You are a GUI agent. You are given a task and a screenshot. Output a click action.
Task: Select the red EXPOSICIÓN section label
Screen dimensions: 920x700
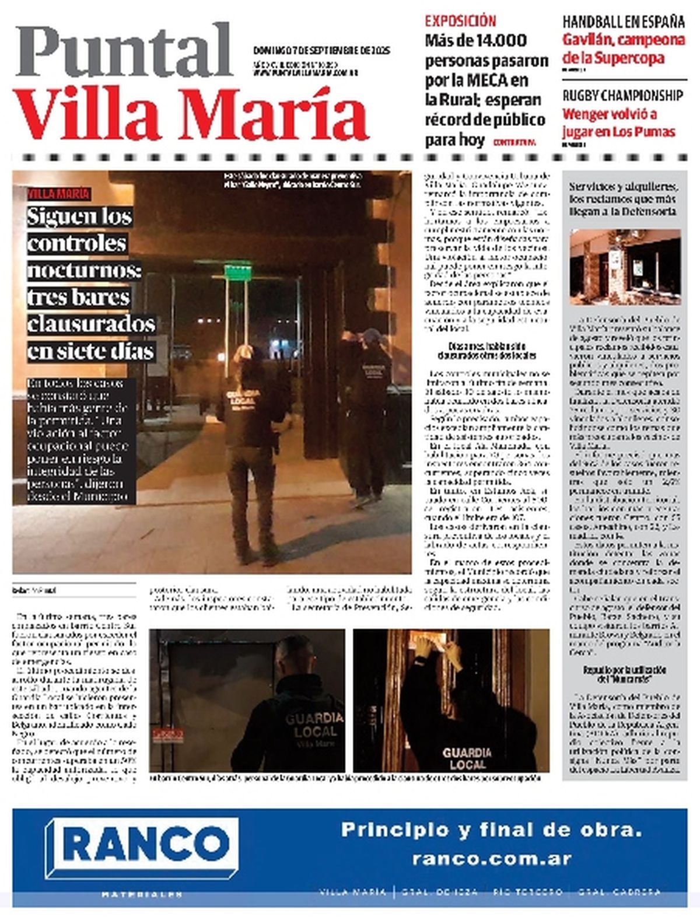coord(460,21)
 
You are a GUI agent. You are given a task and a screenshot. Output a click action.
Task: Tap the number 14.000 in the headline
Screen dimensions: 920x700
coord(501,41)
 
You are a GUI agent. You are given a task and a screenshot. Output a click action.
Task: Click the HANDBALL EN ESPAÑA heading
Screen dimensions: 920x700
coord(623,22)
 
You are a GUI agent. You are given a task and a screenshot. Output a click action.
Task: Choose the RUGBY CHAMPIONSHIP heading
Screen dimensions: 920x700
coord(622,95)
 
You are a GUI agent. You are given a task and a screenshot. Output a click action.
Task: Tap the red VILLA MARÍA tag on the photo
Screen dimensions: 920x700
coord(58,194)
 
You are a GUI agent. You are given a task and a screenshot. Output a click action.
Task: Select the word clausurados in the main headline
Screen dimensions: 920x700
coord(91,324)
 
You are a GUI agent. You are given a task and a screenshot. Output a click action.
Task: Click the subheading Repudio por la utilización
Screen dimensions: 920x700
coord(624,670)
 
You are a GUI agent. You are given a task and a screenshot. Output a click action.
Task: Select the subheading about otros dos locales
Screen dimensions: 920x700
coord(487,351)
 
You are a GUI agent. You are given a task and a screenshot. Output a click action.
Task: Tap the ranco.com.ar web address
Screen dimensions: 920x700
coord(491,859)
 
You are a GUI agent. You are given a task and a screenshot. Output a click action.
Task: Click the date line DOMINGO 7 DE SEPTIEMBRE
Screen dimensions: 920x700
coord(321,50)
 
